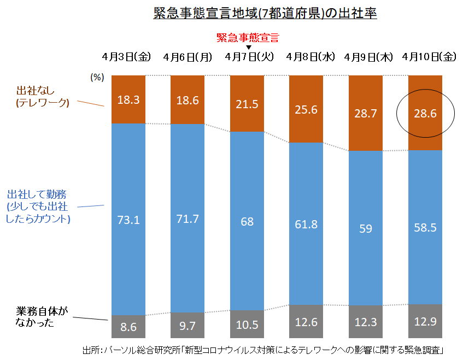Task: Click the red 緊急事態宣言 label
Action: pos(248,37)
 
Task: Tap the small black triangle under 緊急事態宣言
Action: pos(248,47)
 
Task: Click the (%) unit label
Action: pos(97,78)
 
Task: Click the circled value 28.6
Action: pos(425,114)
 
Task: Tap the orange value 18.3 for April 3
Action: pos(128,101)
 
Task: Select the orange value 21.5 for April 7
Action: pos(247,104)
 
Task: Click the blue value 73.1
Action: pos(128,220)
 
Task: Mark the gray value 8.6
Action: pos(128,327)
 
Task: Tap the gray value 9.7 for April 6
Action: pos(187,326)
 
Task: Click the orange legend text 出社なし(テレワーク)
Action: pos(43,96)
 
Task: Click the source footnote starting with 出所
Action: pos(262,350)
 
